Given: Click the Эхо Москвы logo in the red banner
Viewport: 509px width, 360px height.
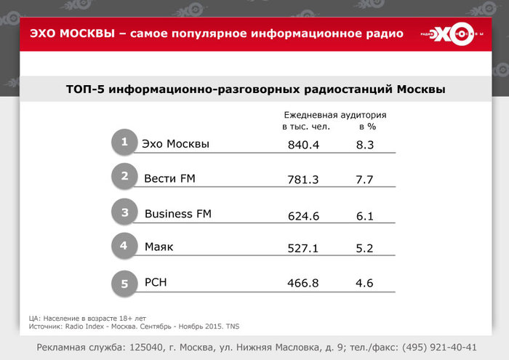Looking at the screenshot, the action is coord(452,33).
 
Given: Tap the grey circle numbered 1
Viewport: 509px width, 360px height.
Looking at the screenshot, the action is coord(124,142).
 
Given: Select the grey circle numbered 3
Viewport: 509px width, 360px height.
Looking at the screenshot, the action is coord(124,212).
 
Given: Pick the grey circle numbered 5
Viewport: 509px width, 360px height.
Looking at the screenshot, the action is coord(124,284).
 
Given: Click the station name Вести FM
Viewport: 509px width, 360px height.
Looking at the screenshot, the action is coord(169,178).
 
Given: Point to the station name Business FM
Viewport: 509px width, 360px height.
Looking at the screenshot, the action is coord(178,214).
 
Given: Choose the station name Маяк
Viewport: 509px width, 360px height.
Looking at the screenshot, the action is coord(159,247).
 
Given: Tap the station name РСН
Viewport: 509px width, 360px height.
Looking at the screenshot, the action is coord(156,282).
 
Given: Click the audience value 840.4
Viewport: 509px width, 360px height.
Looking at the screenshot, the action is coord(303,145).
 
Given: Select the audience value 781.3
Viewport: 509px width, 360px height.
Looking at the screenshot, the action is coord(303,180).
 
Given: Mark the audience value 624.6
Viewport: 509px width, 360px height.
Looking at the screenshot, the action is coord(303,216).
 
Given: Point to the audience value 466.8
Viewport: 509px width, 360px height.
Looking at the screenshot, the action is coord(303,283).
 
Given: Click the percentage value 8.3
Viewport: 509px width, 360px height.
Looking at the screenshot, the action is coord(365,145).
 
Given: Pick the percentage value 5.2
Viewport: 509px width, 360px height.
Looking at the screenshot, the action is coord(364,248).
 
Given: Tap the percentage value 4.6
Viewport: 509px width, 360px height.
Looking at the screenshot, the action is coord(364,283).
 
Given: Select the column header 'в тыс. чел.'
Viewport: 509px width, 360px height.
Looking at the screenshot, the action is coord(306,127).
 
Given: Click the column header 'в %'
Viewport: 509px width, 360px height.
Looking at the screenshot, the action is coord(367,127).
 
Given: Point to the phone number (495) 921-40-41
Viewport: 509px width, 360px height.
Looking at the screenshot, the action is coord(439,348).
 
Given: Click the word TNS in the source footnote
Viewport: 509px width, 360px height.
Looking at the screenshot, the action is coord(233,327).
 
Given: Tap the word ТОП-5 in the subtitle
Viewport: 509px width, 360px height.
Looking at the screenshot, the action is coord(85,89).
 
